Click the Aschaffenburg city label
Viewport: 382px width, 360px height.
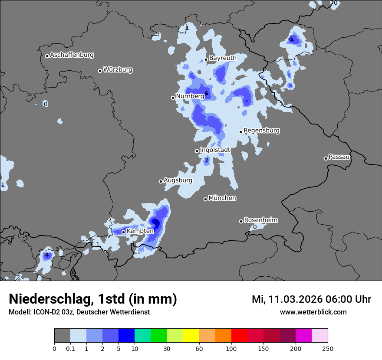72,55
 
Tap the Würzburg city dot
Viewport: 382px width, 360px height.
100,71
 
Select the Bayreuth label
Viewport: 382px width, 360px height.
223,58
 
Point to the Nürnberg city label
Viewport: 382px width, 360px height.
190,96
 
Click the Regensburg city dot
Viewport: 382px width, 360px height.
240,132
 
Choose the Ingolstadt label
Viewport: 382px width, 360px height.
215,150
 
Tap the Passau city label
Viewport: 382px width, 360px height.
339,157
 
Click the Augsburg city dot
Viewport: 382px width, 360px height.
161,181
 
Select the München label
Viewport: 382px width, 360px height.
222,198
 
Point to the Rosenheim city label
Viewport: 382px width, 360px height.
260,220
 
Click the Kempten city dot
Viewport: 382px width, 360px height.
123,232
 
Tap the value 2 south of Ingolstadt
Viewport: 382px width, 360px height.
207,160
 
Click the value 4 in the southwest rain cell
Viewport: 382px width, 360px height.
47,255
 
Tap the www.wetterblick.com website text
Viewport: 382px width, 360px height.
313,312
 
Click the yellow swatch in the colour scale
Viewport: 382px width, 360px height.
191,336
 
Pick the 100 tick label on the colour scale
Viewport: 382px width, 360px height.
231,348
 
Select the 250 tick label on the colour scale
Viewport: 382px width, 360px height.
328,348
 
